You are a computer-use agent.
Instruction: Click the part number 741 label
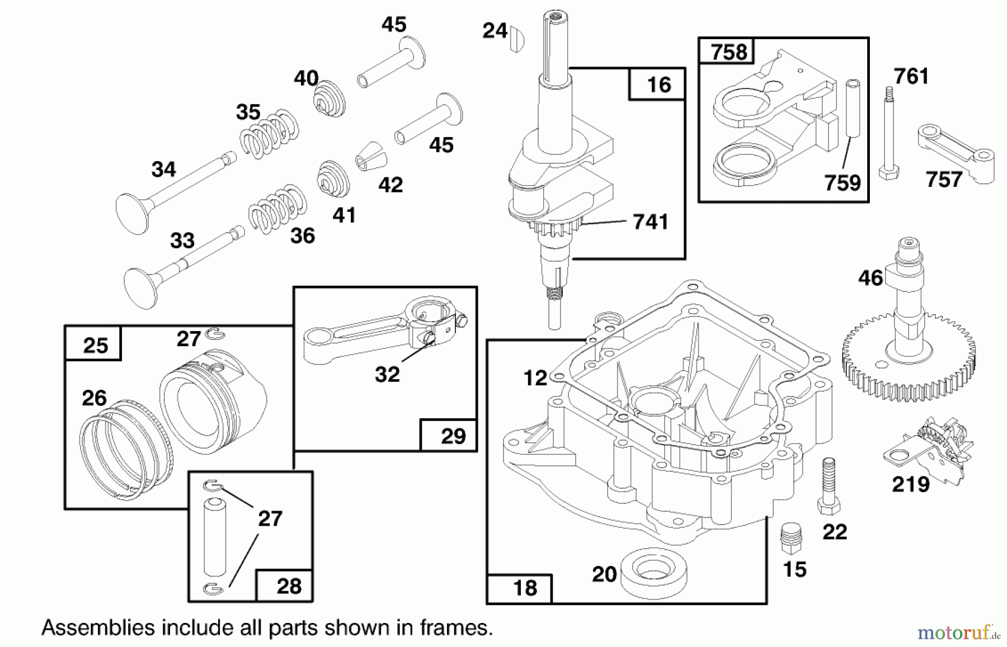coord(651,222)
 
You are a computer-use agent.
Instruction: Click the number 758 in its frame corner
coord(728,52)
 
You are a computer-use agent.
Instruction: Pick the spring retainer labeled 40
coord(329,99)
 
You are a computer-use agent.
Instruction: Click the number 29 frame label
coord(453,436)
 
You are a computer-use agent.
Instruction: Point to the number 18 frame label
coord(524,588)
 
